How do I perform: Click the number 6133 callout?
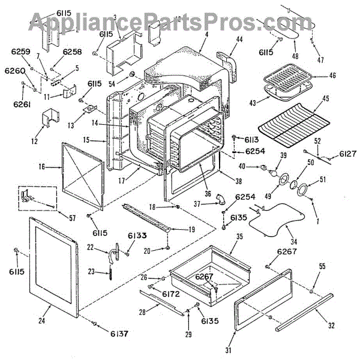point(137,235)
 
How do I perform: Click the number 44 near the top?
point(240,39)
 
